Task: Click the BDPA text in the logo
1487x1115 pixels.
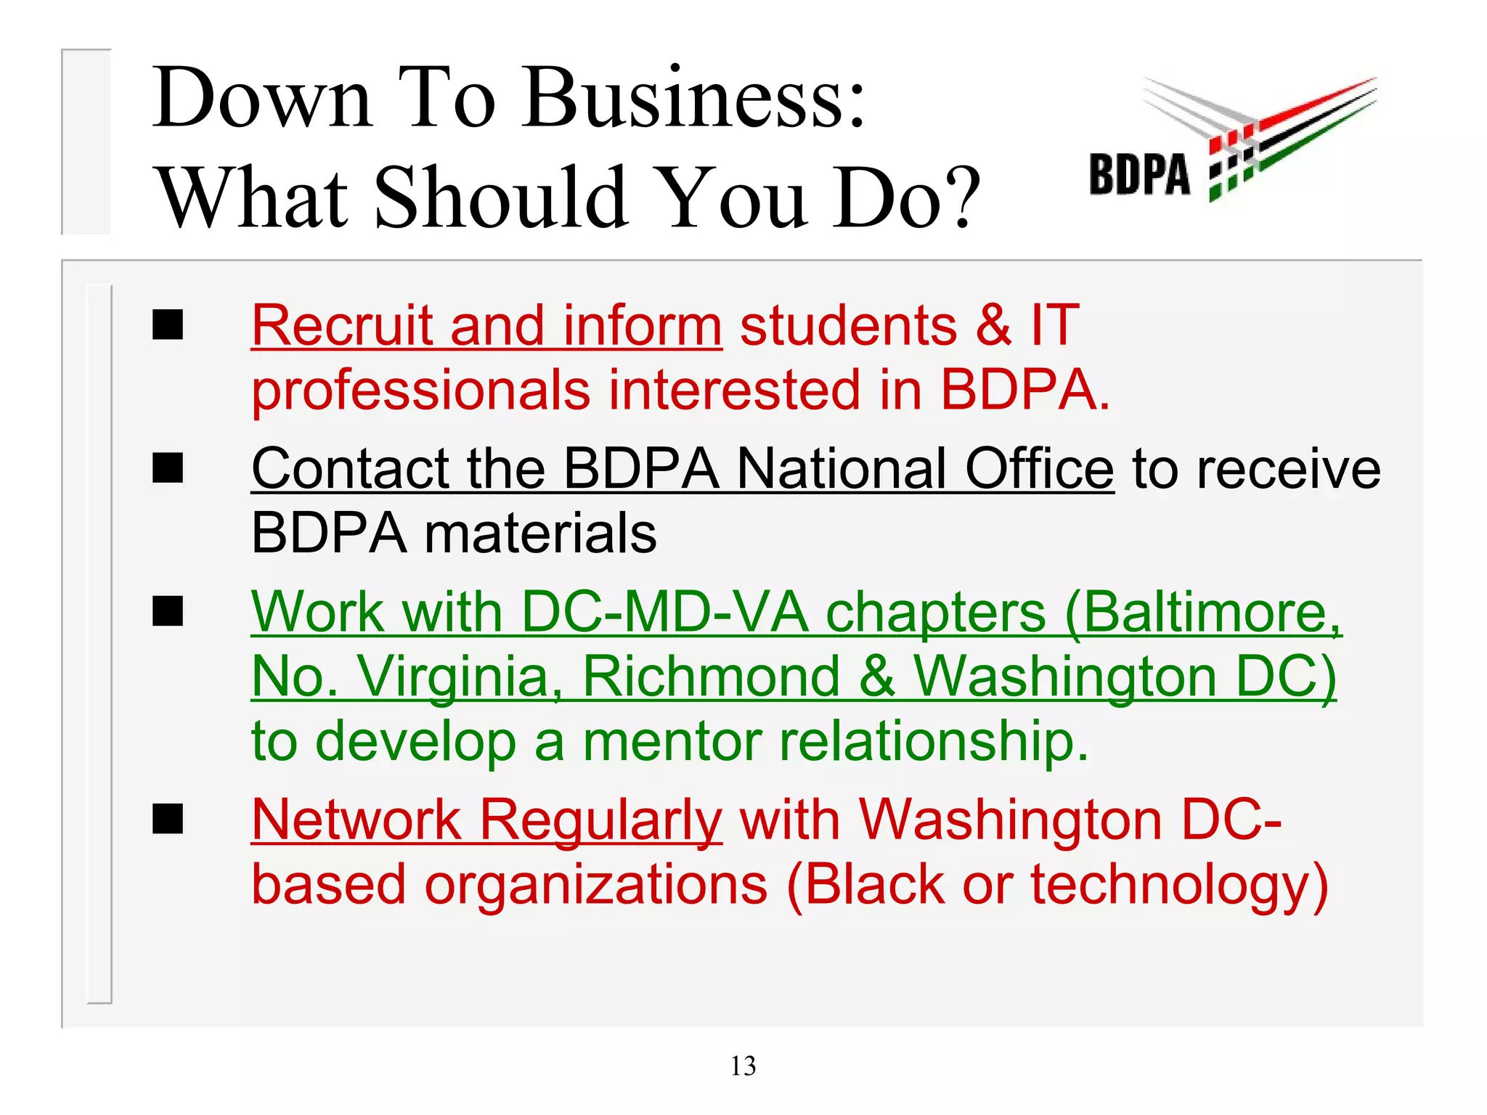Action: coord(1139,175)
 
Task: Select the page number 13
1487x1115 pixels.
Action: coord(743,1066)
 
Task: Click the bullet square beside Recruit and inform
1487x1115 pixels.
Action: coord(168,324)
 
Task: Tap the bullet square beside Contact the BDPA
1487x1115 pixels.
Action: coord(168,468)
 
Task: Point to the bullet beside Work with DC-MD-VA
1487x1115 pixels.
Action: coord(168,611)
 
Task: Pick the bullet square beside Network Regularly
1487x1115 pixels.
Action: coord(168,820)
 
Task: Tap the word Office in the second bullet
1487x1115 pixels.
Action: coord(1039,469)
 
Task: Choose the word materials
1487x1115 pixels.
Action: coord(540,534)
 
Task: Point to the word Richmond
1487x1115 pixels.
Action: coord(711,677)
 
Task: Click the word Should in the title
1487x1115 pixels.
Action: coord(502,197)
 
